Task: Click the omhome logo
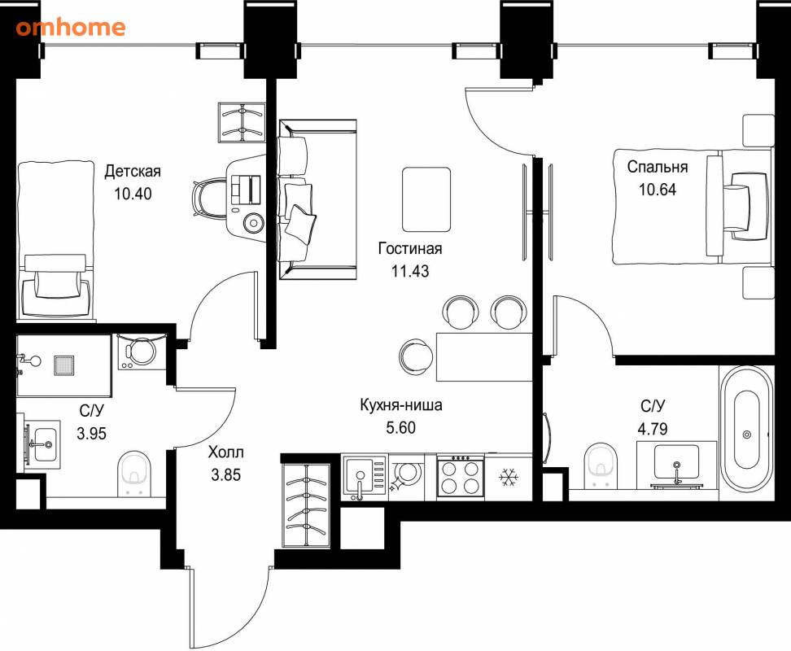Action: click(71, 27)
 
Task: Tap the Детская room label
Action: click(133, 171)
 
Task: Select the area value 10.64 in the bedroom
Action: click(658, 189)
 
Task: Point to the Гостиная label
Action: click(410, 248)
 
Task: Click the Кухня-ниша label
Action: click(401, 405)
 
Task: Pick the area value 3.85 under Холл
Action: click(225, 474)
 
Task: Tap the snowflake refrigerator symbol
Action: click(509, 477)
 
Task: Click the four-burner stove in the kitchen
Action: click(460, 478)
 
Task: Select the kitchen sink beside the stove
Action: click(365, 477)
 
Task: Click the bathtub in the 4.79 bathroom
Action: click(746, 434)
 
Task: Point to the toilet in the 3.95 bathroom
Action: click(134, 473)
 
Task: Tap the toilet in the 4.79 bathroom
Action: click(601, 465)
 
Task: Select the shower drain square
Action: click(64, 365)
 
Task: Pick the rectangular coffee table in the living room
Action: click(426, 199)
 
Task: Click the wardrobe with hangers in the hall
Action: click(307, 505)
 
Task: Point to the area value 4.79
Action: click(653, 428)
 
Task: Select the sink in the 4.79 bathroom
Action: click(676, 464)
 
